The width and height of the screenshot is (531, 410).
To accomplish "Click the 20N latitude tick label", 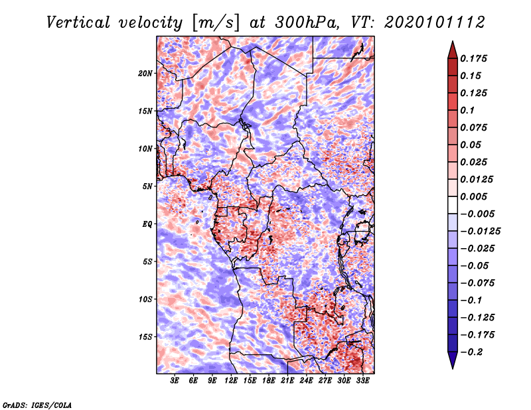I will point(145,73).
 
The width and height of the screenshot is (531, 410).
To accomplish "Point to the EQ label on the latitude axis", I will point(147,224).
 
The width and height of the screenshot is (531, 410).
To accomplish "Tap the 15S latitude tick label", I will point(145,336).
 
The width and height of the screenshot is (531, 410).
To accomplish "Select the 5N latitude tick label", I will point(147,186).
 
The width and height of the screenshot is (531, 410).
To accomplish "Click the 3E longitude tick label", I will point(175,381).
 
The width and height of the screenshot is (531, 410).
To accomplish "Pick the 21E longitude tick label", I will point(287,381).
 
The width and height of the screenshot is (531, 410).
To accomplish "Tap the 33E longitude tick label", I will point(362,381).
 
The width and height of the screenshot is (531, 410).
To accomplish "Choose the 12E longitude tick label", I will point(231,381).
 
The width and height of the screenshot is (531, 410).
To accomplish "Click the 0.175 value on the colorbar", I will point(476,58).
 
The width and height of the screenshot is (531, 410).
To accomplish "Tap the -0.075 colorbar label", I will point(480,283).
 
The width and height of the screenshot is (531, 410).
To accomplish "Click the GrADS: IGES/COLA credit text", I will point(37,404).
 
